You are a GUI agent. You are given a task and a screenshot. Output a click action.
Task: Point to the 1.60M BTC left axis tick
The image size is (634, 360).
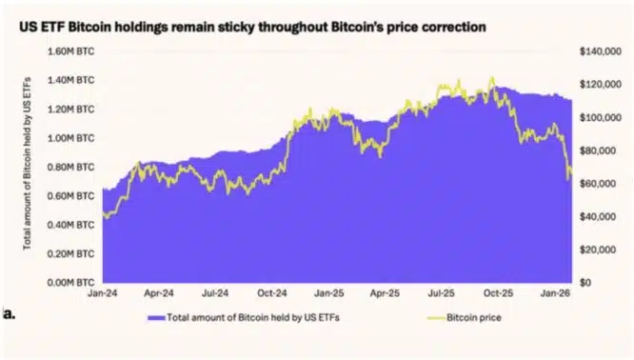click(x=73, y=50)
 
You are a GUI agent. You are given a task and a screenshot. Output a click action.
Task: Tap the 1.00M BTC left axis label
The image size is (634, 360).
click(x=73, y=138)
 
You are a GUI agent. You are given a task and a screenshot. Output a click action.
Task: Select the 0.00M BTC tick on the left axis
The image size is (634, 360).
click(x=73, y=283)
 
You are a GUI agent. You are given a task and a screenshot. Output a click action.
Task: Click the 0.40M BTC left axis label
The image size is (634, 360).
click(x=73, y=225)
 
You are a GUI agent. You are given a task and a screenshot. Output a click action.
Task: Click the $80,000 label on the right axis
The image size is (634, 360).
click(x=597, y=150)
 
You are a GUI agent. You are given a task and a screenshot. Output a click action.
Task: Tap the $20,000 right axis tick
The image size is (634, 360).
click(x=597, y=250)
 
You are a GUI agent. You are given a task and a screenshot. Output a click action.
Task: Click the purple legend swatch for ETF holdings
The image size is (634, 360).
click(x=153, y=315)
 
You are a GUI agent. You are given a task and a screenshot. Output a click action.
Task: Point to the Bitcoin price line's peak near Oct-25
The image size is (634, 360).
click(x=491, y=79)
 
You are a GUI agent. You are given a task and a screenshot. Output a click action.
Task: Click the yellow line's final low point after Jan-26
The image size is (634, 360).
click(x=569, y=179)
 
